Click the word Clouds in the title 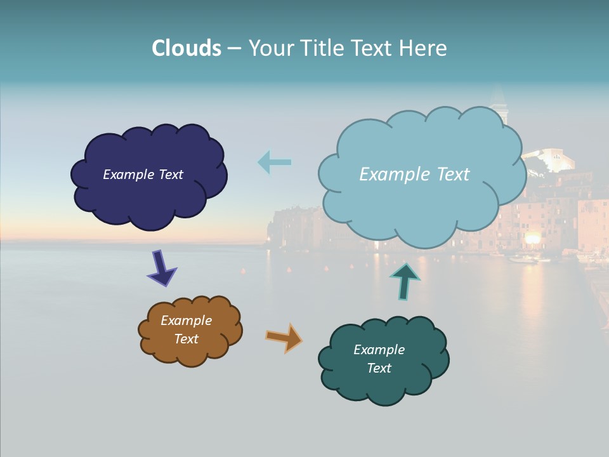click(187, 48)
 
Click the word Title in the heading click(323, 48)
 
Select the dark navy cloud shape click(149, 197)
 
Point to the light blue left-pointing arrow click(274, 162)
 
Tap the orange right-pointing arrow click(284, 338)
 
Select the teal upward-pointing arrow click(405, 281)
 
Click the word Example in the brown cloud click(186, 321)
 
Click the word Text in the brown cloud click(186, 339)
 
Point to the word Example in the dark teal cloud click(379, 350)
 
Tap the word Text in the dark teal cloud click(379, 368)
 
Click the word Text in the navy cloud click(170, 175)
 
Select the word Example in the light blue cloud click(388, 175)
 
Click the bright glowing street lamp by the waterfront click(532, 238)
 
